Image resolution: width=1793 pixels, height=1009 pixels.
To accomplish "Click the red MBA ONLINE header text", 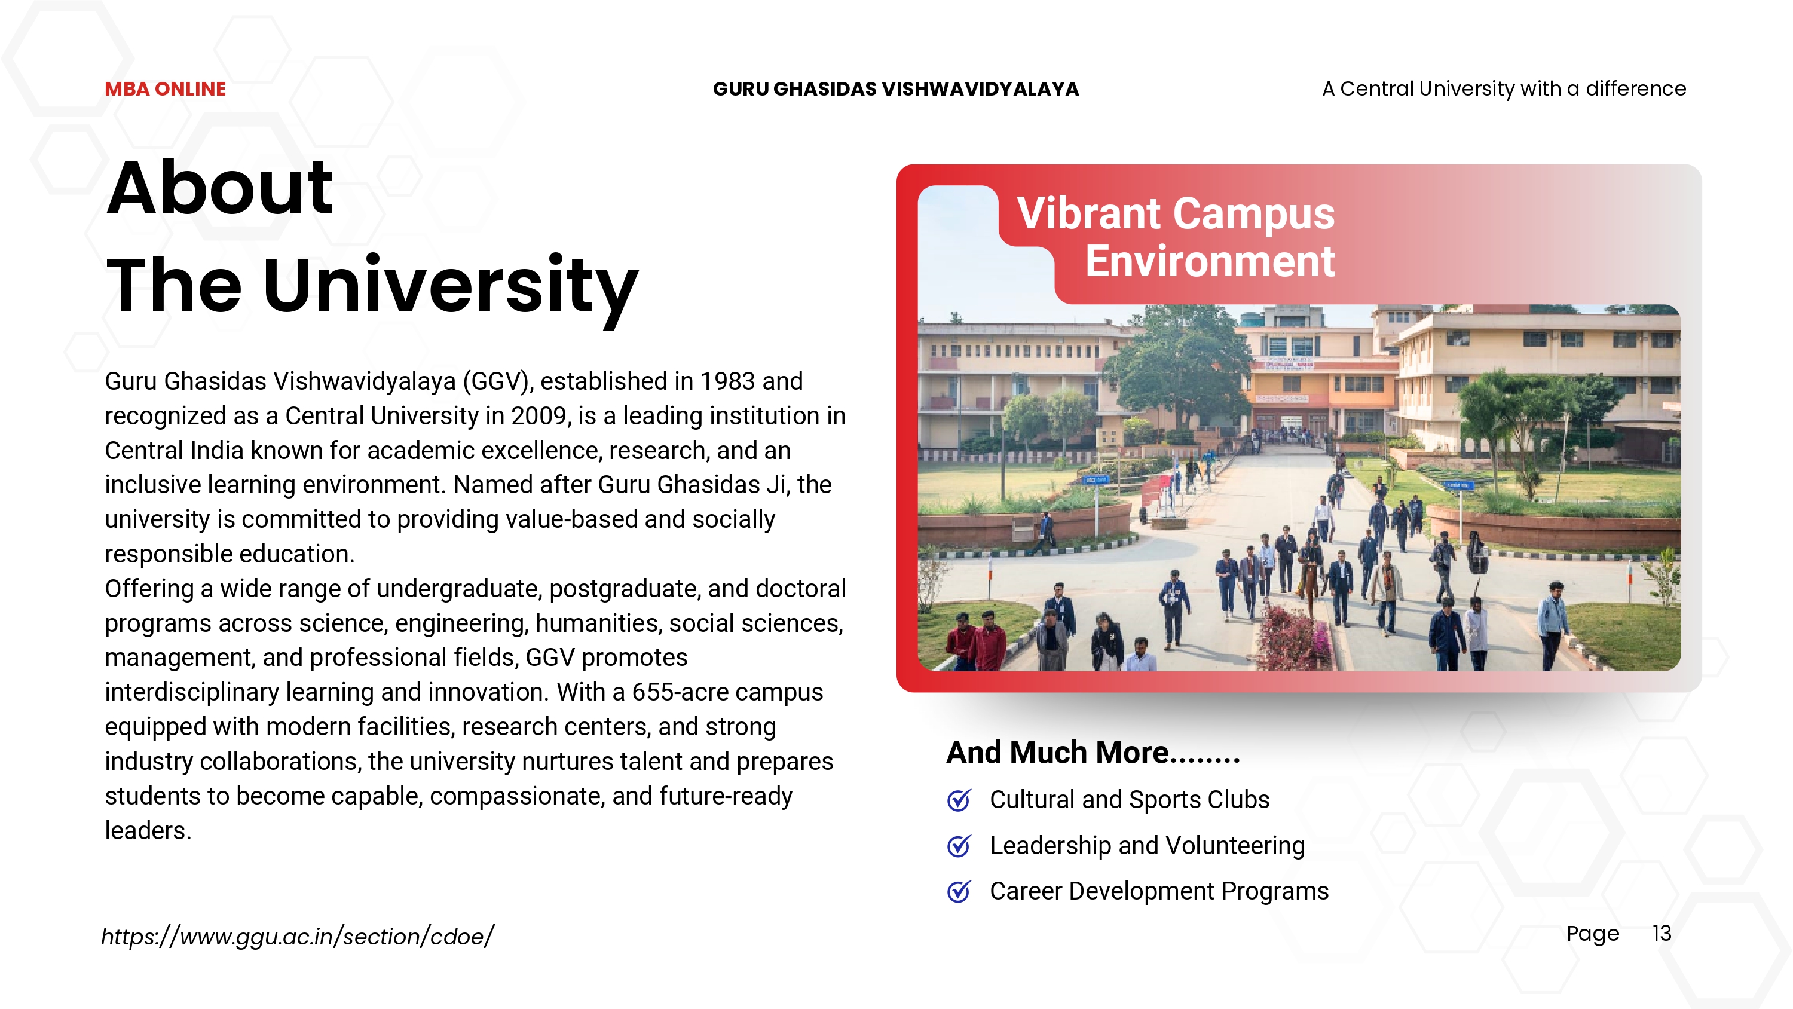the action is pyautogui.click(x=165, y=89).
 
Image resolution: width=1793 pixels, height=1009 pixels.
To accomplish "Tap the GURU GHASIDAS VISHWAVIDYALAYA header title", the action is pyautogui.click(x=896, y=89).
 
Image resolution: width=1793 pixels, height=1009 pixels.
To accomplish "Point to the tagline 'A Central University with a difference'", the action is pyautogui.click(x=1504, y=89).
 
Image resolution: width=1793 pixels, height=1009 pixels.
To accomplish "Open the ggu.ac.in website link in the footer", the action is pyautogui.click(x=297, y=937).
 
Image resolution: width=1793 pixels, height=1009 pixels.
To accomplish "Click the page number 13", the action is pyautogui.click(x=1662, y=933).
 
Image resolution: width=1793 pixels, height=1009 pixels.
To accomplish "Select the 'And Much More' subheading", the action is pyautogui.click(x=1093, y=752).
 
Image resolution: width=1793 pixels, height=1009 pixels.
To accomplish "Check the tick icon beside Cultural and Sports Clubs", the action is pyautogui.click(x=959, y=800).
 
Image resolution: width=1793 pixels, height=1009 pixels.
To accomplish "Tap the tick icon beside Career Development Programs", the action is pyautogui.click(x=959, y=891).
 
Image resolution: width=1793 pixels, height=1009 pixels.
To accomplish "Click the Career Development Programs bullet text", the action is pyautogui.click(x=1159, y=891).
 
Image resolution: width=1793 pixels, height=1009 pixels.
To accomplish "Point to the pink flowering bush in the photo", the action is pyautogui.click(x=1294, y=637).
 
